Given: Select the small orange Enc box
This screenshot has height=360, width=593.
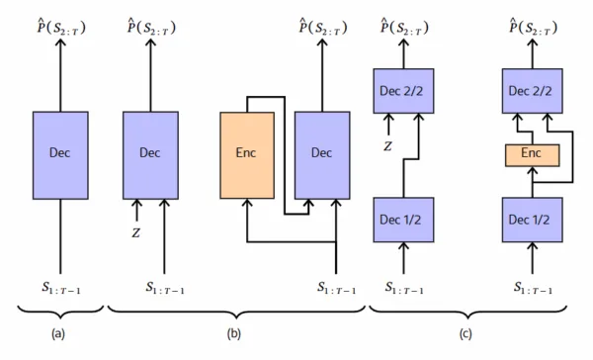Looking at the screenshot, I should tap(532, 155).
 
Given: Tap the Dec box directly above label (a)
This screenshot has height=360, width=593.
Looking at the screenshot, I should tap(61, 154).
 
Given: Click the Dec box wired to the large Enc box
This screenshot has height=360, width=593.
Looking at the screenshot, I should tap(321, 154).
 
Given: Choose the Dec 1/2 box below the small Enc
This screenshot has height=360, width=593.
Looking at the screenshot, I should tap(532, 219).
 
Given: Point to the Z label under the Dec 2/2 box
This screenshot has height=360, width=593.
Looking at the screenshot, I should tap(388, 146).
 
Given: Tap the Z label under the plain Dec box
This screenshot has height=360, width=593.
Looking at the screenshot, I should tap(136, 233).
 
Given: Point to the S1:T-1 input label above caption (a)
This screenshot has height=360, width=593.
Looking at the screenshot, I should tap(61, 288).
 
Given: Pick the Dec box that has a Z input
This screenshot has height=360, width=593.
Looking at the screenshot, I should tap(150, 154).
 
